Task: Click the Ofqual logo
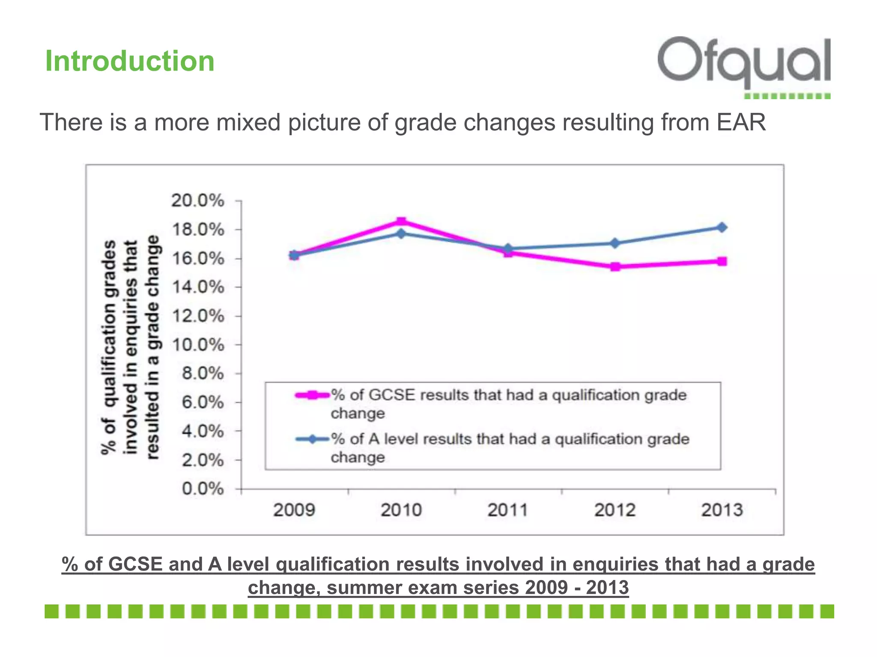(x=744, y=64)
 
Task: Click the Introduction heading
(x=130, y=61)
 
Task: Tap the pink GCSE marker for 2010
(x=401, y=222)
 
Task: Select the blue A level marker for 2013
(x=722, y=227)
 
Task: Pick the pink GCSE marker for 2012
(x=615, y=267)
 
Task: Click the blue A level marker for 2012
(x=615, y=243)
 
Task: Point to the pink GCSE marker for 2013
(x=722, y=261)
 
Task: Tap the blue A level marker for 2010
(x=401, y=234)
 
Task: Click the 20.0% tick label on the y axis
(x=197, y=201)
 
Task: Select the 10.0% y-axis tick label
(x=197, y=345)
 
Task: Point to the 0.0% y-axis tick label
(x=203, y=488)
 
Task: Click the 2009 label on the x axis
(x=294, y=510)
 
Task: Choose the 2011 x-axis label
(x=508, y=510)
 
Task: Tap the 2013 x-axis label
(x=722, y=510)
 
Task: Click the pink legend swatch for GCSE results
(x=313, y=395)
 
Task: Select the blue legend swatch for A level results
(x=313, y=439)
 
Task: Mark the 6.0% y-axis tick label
(x=203, y=402)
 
